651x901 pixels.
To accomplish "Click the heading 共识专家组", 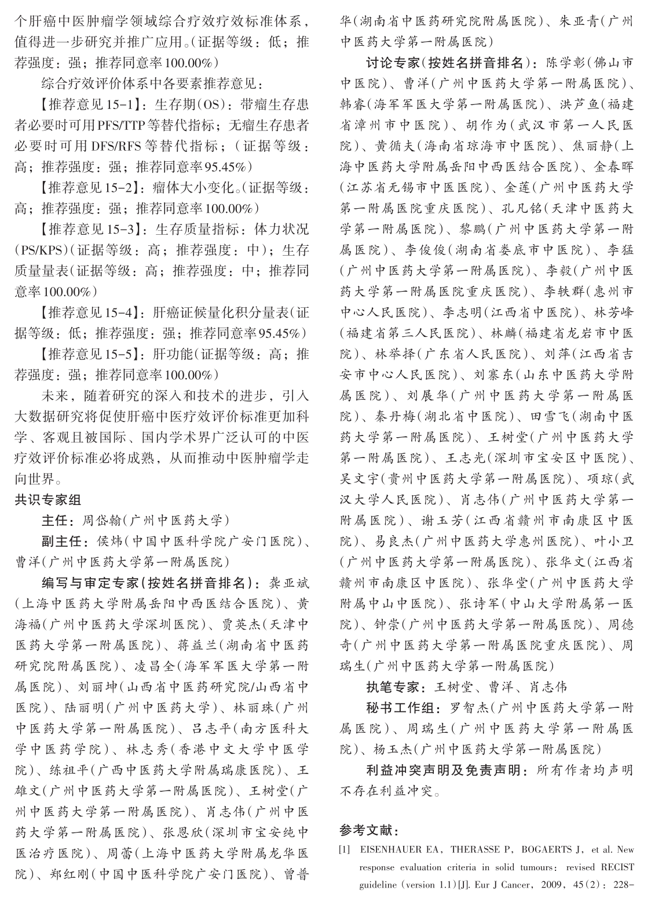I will coord(48,500).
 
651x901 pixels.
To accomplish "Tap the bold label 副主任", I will coord(63,542).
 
